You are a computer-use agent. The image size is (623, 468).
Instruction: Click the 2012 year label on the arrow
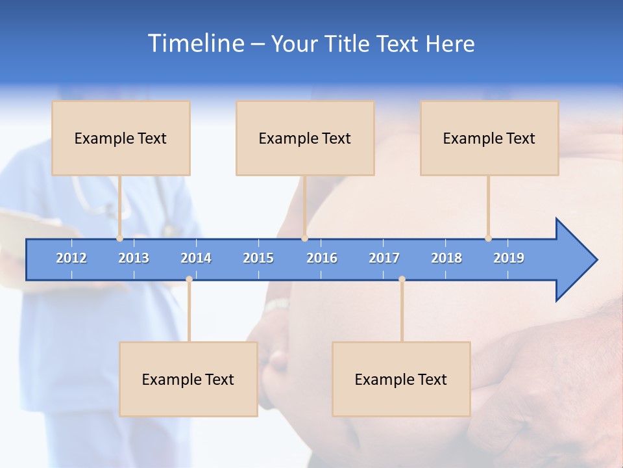pyautogui.click(x=71, y=258)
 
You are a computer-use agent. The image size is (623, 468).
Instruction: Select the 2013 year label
pyautogui.click(x=134, y=258)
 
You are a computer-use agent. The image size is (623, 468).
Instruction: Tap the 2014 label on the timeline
pyautogui.click(x=196, y=258)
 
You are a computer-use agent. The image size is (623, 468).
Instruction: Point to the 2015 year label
pyautogui.click(x=258, y=258)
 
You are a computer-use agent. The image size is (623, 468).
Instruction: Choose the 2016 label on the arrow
pyautogui.click(x=322, y=258)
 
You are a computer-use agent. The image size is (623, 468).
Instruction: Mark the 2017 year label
pyautogui.click(x=384, y=258)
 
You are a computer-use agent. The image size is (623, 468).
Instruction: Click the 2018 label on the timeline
pyautogui.click(x=446, y=258)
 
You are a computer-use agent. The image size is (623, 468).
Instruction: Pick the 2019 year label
pyautogui.click(x=509, y=258)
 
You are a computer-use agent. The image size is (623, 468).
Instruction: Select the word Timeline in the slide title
pyautogui.click(x=195, y=44)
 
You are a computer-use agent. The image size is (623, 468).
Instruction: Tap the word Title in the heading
pyautogui.click(x=347, y=44)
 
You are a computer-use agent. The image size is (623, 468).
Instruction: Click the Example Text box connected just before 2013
pyautogui.click(x=121, y=138)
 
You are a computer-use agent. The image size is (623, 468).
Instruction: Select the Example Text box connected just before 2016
pyautogui.click(x=305, y=138)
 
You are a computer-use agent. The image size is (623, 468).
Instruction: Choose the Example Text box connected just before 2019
pyautogui.click(x=489, y=138)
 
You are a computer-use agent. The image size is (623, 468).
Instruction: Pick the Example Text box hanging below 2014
pyautogui.click(x=188, y=379)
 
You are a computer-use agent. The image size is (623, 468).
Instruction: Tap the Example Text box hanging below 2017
pyautogui.click(x=401, y=379)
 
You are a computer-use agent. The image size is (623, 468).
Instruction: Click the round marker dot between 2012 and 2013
pyautogui.click(x=119, y=239)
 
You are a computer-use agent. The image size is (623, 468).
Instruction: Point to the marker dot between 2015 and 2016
pyautogui.click(x=304, y=239)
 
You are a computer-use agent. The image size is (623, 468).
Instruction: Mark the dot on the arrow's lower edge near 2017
pyautogui.click(x=402, y=279)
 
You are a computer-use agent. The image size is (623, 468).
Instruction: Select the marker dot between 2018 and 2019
pyautogui.click(x=488, y=239)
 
